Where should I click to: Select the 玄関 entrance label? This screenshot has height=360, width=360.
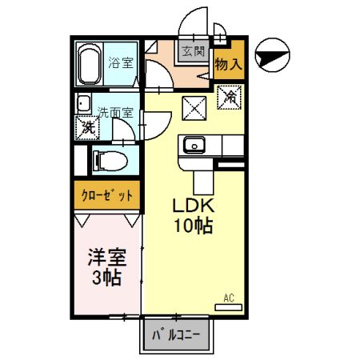click(x=193, y=52)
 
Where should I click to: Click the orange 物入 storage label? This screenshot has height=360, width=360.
click(x=228, y=65)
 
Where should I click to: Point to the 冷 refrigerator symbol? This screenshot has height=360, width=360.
click(x=229, y=99)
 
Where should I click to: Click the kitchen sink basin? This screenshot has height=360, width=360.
click(x=194, y=146)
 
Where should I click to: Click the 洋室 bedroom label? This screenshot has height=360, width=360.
click(x=106, y=258)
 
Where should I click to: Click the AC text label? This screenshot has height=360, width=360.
click(x=228, y=298)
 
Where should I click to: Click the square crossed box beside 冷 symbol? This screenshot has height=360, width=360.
click(x=193, y=106)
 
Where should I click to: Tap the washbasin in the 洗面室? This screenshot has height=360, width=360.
click(x=82, y=105)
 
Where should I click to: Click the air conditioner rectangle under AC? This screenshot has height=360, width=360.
click(x=227, y=306)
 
